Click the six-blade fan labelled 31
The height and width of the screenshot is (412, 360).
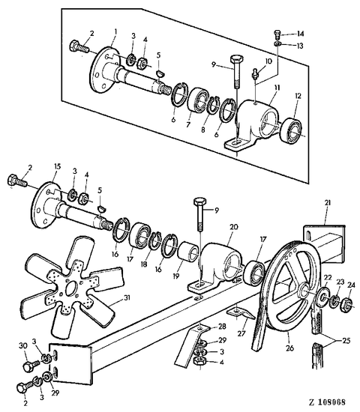coord(70,286)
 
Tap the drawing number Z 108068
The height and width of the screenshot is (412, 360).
coord(327,402)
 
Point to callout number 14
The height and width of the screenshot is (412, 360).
coord(300,34)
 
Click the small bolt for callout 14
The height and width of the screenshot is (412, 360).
coord(277,34)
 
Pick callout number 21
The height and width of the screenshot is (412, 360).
coord(327,203)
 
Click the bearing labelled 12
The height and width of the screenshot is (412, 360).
coord(292,131)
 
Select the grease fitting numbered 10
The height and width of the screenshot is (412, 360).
coord(255,73)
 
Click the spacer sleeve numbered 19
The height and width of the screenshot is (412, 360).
coord(188,252)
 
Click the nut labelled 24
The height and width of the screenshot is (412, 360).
coord(346,305)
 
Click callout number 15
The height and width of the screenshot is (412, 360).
coord(57,167)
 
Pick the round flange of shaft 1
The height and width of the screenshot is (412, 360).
coord(103,70)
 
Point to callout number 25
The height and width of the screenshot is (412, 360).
coord(346,341)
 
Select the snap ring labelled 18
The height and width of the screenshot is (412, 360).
coord(154,240)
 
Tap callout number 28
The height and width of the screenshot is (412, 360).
coord(222,327)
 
